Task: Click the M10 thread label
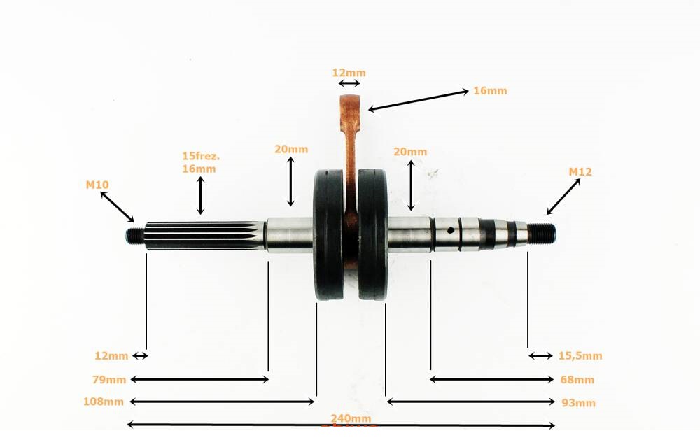(97, 185)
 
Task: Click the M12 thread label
(580, 171)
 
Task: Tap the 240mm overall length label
(351, 419)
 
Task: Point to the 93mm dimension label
(578, 402)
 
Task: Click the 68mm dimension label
(577, 379)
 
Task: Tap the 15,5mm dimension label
(580, 355)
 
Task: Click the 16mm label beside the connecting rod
(490, 90)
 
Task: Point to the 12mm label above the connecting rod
(349, 72)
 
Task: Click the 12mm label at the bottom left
(111, 355)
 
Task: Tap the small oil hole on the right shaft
(452, 229)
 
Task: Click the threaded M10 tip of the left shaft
(133, 236)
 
